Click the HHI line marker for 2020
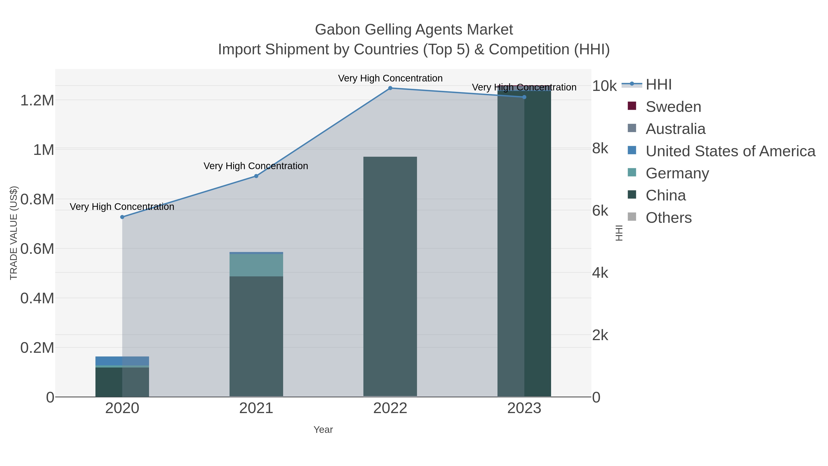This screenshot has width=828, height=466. point(122,217)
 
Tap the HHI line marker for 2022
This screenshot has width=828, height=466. point(390,88)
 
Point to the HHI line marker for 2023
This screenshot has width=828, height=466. point(524,97)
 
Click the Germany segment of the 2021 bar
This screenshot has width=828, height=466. point(256,265)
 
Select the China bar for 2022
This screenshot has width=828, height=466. point(390,277)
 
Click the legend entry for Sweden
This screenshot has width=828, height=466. point(673,107)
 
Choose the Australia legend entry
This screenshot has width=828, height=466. point(675,129)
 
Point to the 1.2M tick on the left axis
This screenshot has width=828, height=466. point(37,100)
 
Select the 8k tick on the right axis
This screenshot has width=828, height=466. point(600,149)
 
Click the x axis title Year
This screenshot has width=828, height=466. point(323,430)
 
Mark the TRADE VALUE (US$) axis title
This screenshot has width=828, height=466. point(14,233)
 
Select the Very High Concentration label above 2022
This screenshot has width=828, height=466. point(390,78)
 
